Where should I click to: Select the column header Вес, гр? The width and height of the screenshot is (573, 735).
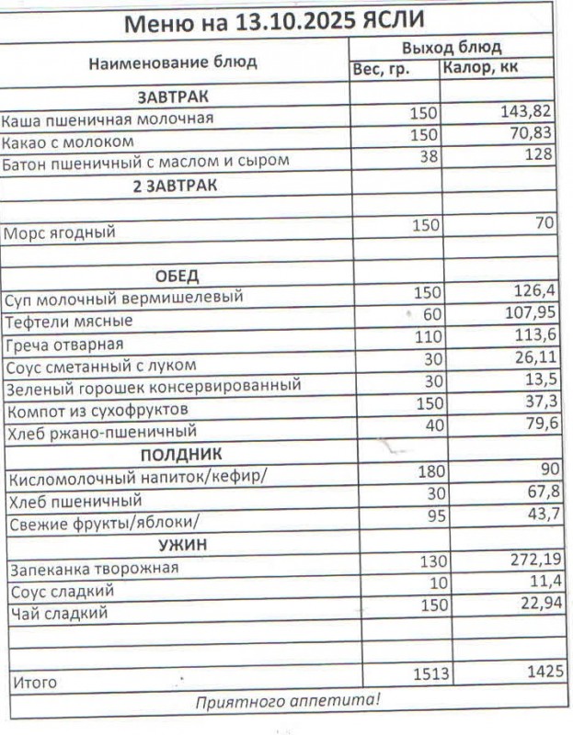point(381,71)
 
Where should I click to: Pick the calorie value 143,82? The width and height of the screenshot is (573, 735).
point(527,112)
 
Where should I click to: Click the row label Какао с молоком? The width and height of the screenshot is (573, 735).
point(68,141)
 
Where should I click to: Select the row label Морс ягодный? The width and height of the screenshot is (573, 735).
point(60,232)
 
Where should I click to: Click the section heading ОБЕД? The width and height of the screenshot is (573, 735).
point(177,277)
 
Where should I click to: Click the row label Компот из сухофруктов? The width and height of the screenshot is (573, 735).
point(97,409)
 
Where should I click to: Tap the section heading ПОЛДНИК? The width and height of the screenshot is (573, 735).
point(181,455)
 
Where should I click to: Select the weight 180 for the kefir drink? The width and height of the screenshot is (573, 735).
point(430,472)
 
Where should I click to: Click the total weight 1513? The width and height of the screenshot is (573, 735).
point(430,675)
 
